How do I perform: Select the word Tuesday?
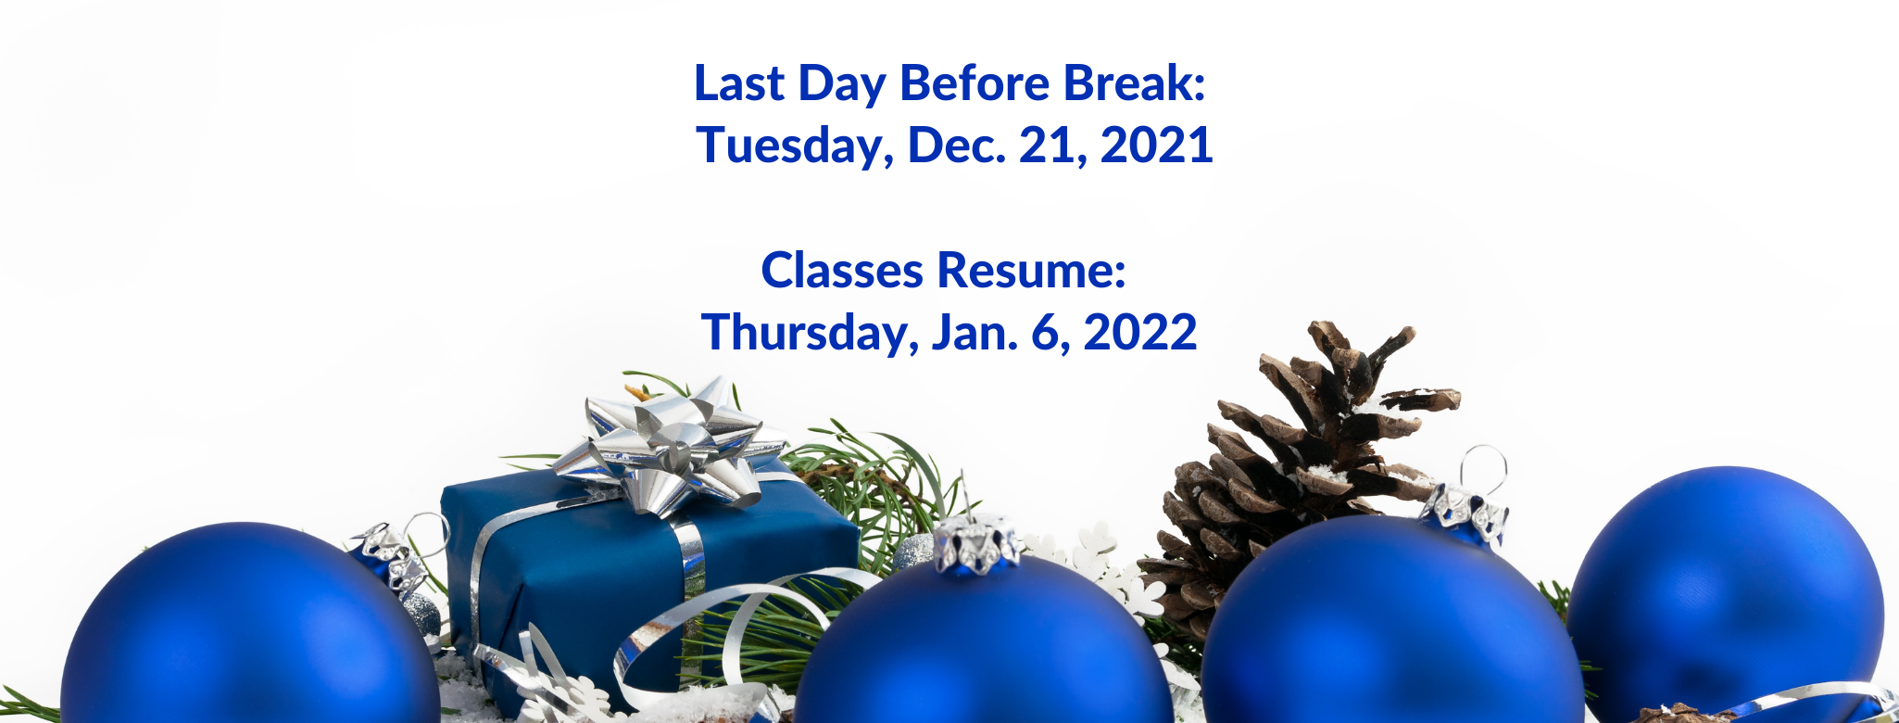pyautogui.click(x=795, y=146)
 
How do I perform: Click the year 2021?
pyautogui.click(x=1157, y=146)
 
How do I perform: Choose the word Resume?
pyautogui.click(x=1032, y=271)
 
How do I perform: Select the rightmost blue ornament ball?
pyautogui.click(x=1725, y=593)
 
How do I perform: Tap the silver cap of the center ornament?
pyautogui.click(x=976, y=544)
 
